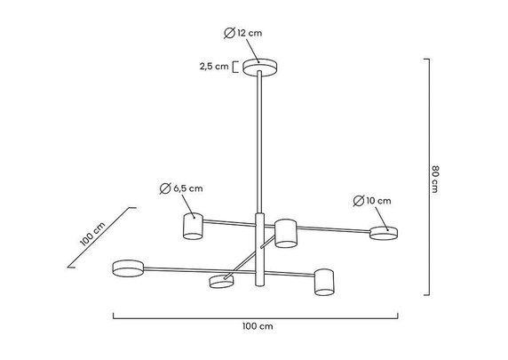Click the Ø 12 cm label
244,33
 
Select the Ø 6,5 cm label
181,188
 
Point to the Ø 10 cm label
371,201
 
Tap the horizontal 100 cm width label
258,326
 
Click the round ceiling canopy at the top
259,68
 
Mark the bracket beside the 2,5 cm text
236,66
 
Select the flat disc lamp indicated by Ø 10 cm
384,233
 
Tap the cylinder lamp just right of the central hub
285,233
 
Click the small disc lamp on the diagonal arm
220,282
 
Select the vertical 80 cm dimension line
430,176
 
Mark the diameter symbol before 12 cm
229,33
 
